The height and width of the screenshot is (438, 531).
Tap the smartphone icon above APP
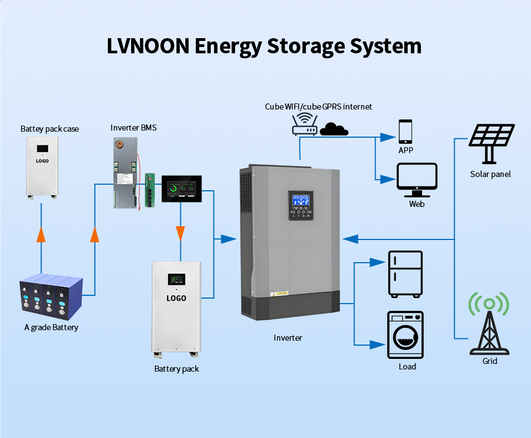tap(405, 132)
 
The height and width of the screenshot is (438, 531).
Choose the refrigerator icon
tap(405, 274)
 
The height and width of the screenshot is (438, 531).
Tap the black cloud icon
tap(334, 129)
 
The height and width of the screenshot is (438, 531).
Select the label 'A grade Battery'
tap(51, 327)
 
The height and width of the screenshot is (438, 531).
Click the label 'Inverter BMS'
tap(133, 128)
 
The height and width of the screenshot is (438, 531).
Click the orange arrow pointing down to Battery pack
tap(180, 233)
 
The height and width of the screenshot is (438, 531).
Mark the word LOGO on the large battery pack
tap(176, 299)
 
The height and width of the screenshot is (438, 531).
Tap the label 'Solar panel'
tap(490, 174)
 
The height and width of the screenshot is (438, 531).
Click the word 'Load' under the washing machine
tap(407, 367)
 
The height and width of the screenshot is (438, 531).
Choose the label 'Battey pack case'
tap(50, 129)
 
